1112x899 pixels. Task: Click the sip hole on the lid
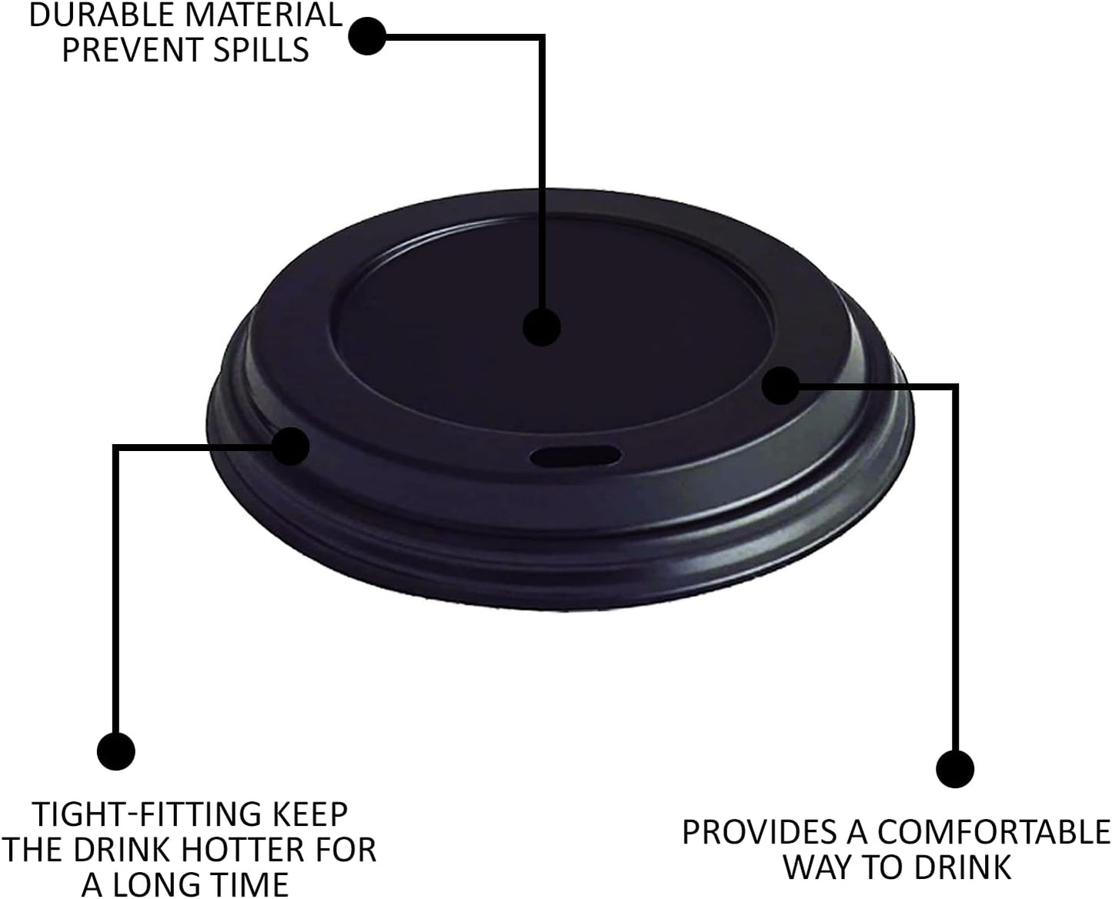[575, 456]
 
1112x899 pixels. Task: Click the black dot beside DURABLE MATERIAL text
[368, 35]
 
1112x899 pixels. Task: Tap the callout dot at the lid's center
[542, 327]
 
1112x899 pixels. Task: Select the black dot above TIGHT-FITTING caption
[116, 750]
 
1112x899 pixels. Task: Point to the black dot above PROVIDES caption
[955, 768]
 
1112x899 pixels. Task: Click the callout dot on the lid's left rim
[291, 446]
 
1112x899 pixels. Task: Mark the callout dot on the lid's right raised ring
[781, 385]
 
